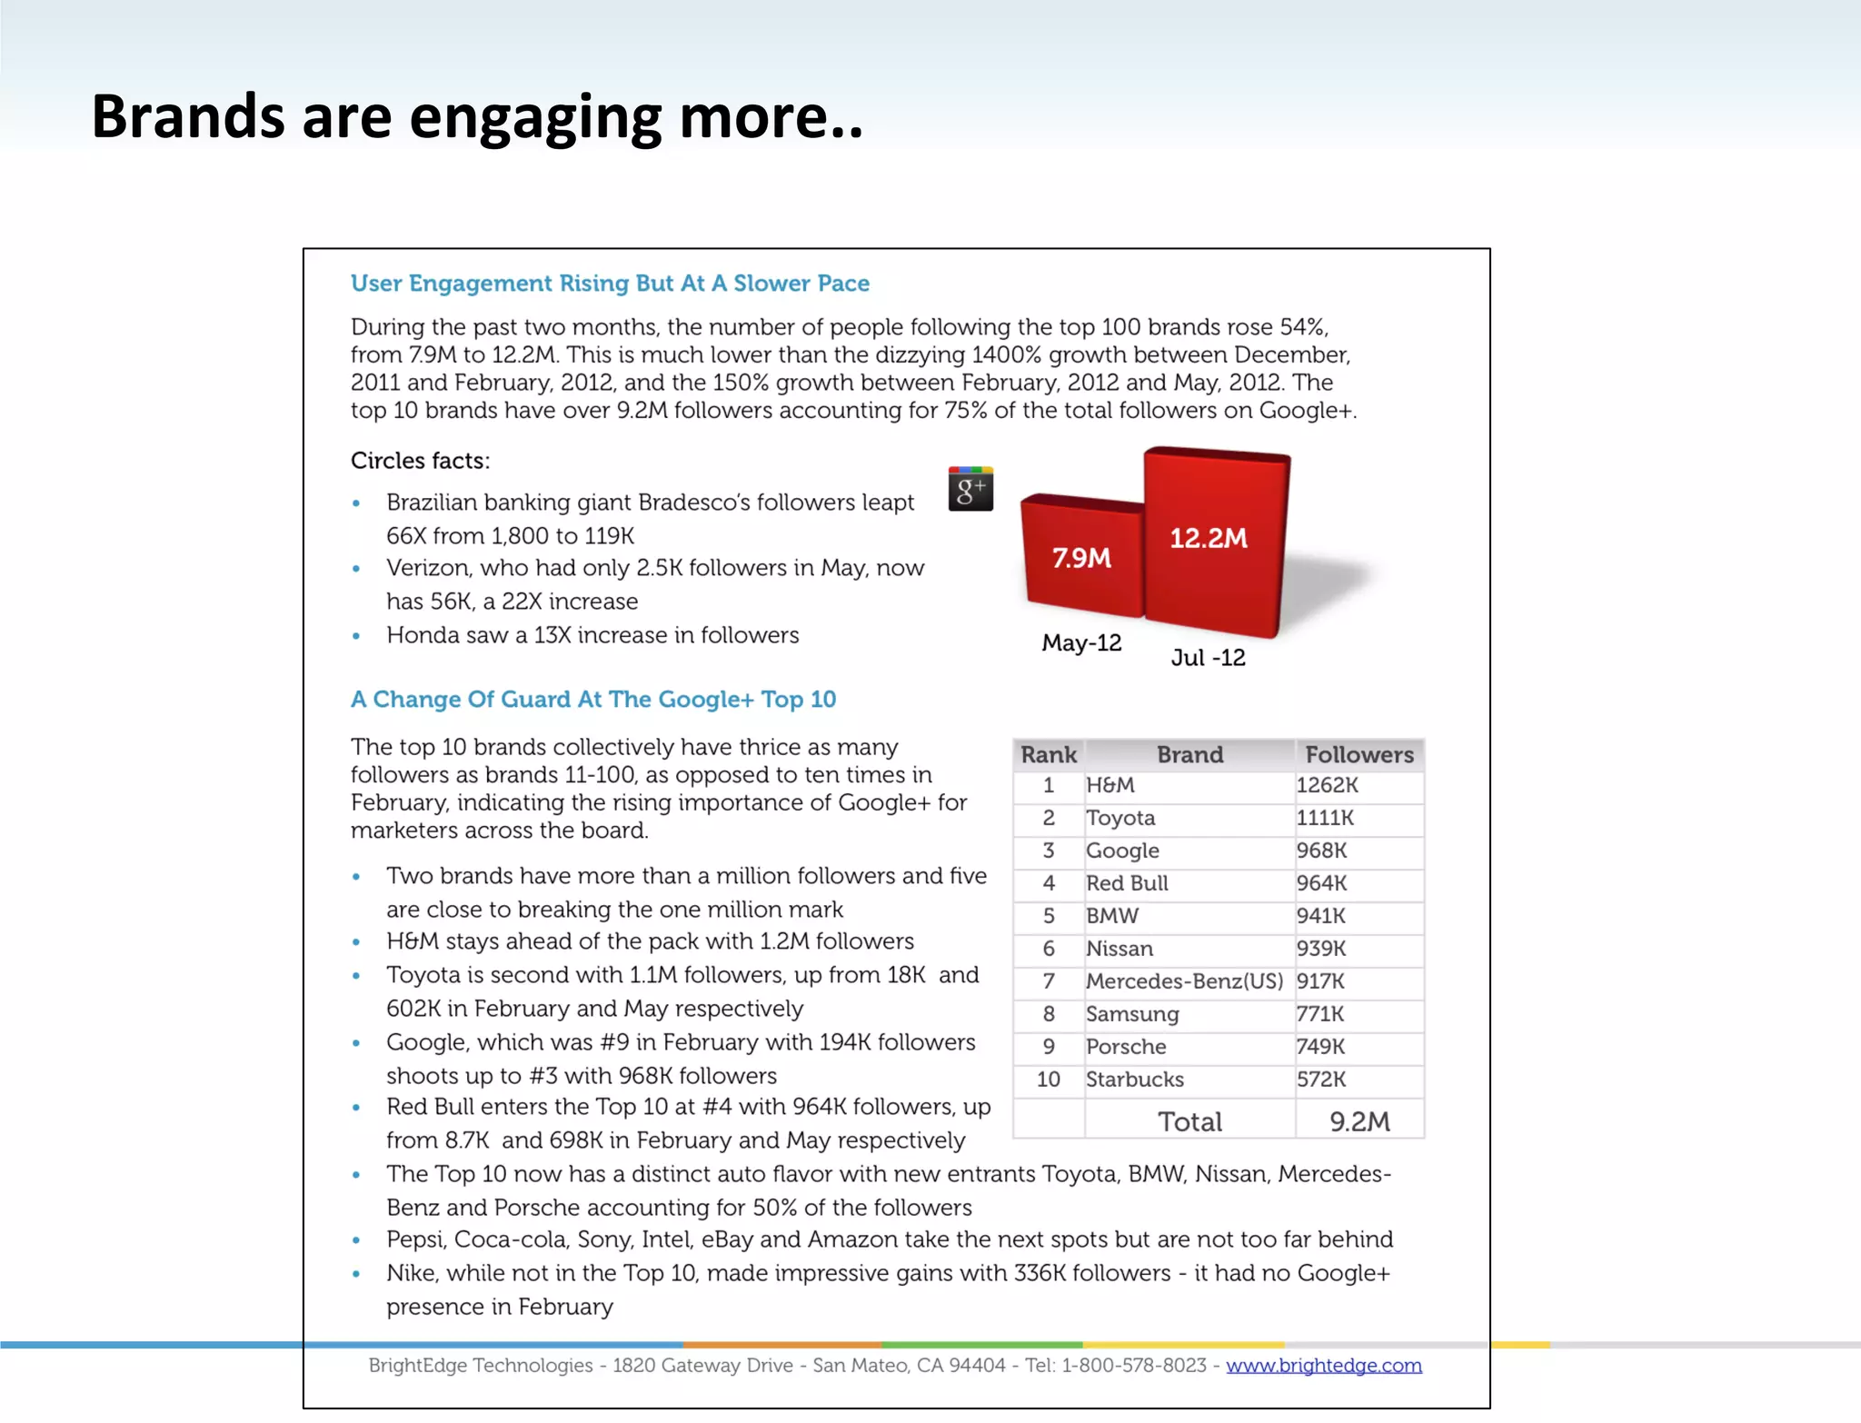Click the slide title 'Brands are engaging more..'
[477, 116]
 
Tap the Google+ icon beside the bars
[970, 489]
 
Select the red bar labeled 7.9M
[1081, 559]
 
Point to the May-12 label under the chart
[1081, 643]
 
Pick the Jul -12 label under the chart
[1208, 658]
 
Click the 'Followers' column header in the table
[1358, 755]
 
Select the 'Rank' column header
[1048, 755]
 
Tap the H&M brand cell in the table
[1110, 786]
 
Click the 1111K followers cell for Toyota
[1325, 819]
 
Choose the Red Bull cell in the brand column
[1127, 884]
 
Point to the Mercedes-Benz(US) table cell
[1184, 982]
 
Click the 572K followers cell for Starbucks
[1321, 1080]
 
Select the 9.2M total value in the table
[1359, 1122]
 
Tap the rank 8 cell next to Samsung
[1049, 1015]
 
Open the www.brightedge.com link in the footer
[1323, 1366]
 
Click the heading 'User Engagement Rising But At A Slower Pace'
[610, 284]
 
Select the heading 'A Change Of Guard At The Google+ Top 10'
[593, 700]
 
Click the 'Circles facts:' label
[420, 462]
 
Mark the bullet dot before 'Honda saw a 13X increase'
[356, 637]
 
